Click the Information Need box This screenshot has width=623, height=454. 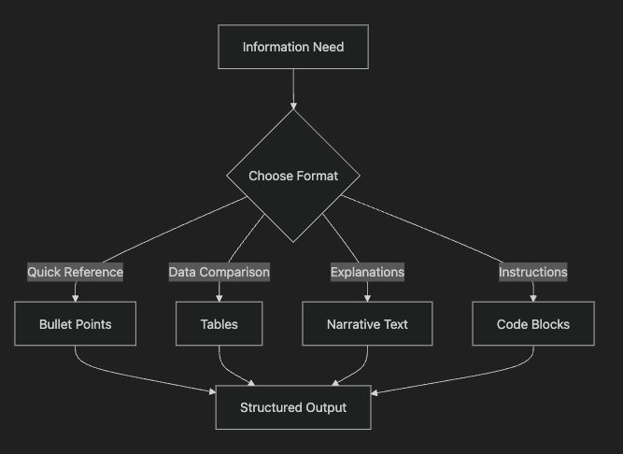tap(293, 47)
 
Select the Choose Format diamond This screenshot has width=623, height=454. tap(293, 176)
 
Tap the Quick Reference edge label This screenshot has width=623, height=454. tap(75, 272)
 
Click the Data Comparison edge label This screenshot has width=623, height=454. tap(219, 272)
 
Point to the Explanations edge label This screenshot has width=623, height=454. tap(367, 272)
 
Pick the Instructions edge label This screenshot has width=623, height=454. tap(532, 272)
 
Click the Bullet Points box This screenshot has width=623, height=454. tap(75, 324)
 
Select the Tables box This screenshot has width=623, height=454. tap(219, 324)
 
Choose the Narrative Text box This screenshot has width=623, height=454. tap(367, 324)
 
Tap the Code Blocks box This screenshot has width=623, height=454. tap(532, 324)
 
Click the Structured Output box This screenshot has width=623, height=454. tap(293, 407)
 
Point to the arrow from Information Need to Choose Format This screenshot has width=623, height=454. tap(293, 89)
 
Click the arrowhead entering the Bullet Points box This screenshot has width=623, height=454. tap(75, 297)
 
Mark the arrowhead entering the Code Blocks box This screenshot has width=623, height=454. tap(532, 297)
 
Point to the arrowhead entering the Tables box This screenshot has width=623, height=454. tap(219, 297)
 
